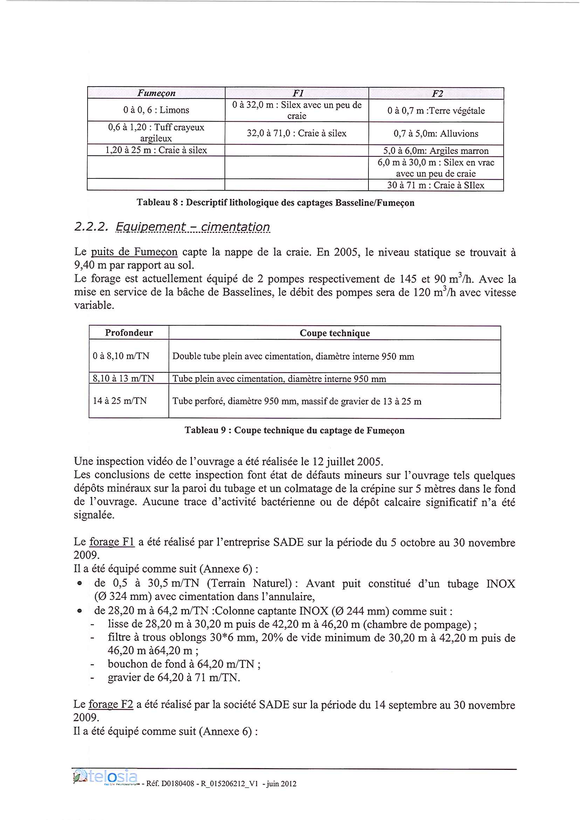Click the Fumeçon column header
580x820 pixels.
(156, 93)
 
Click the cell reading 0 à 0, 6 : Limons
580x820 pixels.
(156, 110)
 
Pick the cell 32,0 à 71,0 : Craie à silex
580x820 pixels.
(296, 133)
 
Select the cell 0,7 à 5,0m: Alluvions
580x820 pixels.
(436, 134)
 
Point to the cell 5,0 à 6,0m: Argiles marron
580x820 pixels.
(436, 151)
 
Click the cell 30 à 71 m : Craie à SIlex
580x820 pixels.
(436, 185)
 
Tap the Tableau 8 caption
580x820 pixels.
(275, 203)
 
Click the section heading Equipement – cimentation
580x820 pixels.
(193, 226)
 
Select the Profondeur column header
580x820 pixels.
(129, 333)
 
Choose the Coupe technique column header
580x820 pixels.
(334, 333)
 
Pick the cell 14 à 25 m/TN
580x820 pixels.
(120, 401)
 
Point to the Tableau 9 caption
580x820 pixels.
(294, 431)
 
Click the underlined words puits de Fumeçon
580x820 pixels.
(134, 252)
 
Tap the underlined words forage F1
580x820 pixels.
(111, 542)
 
